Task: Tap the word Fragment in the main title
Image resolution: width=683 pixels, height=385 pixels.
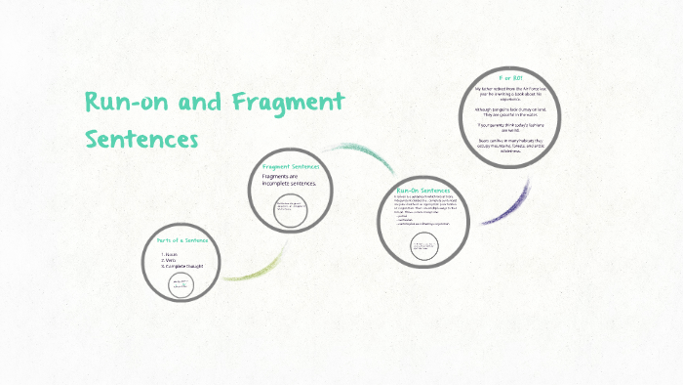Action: [288, 103]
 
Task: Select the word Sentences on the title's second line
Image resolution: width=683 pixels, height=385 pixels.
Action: [141, 138]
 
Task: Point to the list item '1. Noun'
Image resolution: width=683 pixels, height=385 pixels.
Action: [173, 254]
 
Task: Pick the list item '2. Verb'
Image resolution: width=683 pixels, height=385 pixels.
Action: [172, 260]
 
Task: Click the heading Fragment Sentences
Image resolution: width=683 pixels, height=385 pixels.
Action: [291, 167]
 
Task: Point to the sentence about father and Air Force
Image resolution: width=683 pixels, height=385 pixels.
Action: [512, 91]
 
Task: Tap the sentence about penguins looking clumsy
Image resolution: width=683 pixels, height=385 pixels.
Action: [512, 110]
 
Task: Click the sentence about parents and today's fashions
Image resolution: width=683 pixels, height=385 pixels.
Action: [512, 127]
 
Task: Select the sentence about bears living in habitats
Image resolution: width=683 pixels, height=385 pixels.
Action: [512, 148]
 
